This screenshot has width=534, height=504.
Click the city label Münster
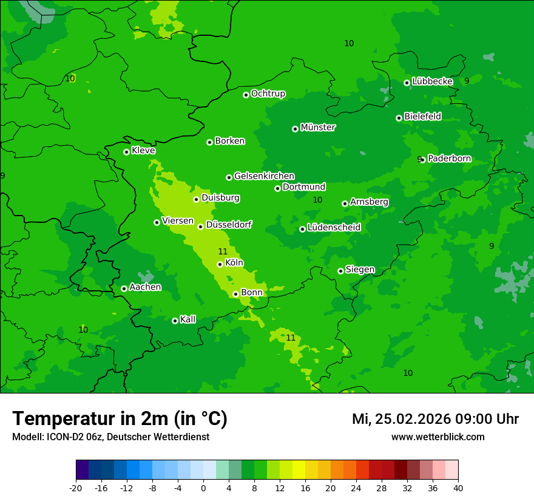pyautogui.click(x=318, y=128)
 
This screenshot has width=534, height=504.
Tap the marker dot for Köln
pyautogui.click(x=220, y=264)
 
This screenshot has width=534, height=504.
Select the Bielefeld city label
pyautogui.click(x=422, y=117)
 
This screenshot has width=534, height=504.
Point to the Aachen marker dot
pyautogui.click(x=124, y=288)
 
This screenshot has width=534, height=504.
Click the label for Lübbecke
pyautogui.click(x=432, y=81)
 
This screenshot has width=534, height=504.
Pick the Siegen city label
pyautogui.click(x=360, y=270)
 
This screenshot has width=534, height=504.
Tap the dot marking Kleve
pyautogui.click(x=126, y=152)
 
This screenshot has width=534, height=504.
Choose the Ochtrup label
pyautogui.click(x=268, y=94)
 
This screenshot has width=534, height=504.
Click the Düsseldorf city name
pyautogui.click(x=229, y=225)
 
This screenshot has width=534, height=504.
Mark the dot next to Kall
pyautogui.click(x=175, y=321)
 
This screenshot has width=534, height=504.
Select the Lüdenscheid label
pyautogui.click(x=334, y=228)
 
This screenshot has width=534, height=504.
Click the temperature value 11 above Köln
pyautogui.click(x=223, y=251)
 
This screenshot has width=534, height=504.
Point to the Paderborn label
pyautogui.click(x=449, y=158)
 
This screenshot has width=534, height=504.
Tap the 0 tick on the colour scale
pyautogui.click(x=203, y=488)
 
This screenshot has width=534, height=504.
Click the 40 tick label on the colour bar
pyautogui.click(x=458, y=488)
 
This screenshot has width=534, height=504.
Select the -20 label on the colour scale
pyautogui.click(x=76, y=488)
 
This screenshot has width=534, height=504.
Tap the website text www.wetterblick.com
pyautogui.click(x=438, y=437)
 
